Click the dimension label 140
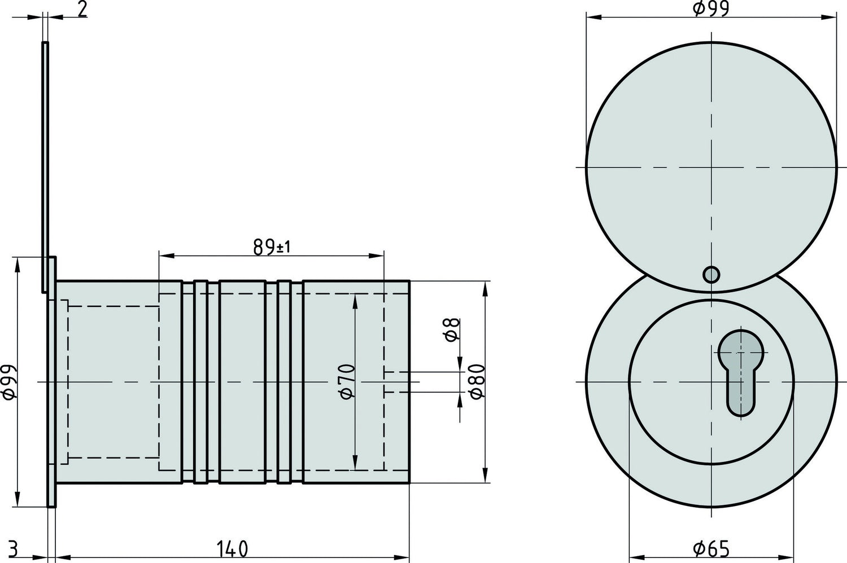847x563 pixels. [x=232, y=548]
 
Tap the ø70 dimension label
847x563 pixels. [x=347, y=382]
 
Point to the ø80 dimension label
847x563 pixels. [x=476, y=382]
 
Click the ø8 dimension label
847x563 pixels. [x=452, y=329]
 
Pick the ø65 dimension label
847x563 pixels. [x=711, y=548]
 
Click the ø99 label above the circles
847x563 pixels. [x=711, y=8]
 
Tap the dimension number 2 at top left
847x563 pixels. [x=82, y=10]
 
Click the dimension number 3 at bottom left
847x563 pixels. [x=15, y=548]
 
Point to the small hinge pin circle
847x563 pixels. [x=711, y=275]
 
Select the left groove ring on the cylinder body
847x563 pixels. [x=200, y=382]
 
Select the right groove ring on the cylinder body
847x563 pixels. [x=284, y=382]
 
